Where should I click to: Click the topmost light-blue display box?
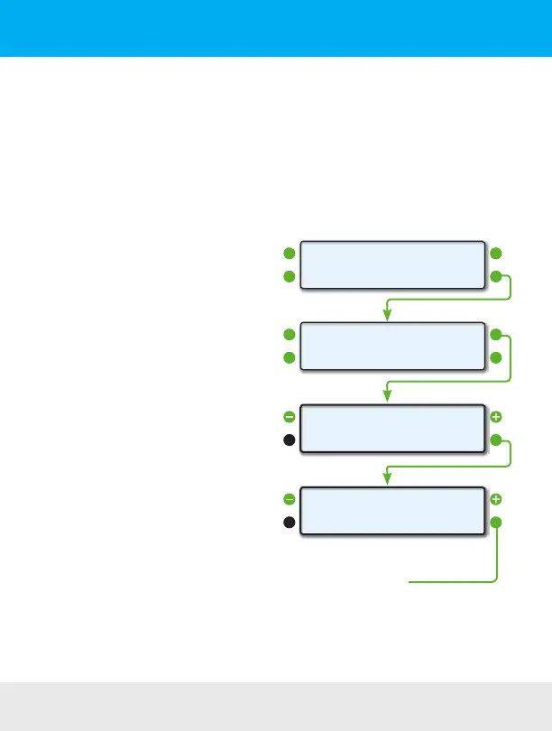click(389, 264)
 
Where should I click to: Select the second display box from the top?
click(389, 346)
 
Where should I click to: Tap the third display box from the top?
click(389, 428)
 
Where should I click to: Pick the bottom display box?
click(389, 510)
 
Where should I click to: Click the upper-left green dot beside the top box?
click(289, 254)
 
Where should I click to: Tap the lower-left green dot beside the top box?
click(289, 276)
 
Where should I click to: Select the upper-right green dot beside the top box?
click(496, 254)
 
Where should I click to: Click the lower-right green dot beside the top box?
click(496, 276)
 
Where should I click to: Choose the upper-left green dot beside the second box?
click(289, 335)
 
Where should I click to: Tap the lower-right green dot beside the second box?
click(496, 357)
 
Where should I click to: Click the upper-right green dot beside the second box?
click(496, 335)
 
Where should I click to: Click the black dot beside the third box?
click(289, 440)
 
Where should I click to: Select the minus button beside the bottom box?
click(289, 499)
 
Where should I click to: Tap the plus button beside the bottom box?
click(496, 499)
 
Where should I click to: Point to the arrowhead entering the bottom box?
click(387, 477)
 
